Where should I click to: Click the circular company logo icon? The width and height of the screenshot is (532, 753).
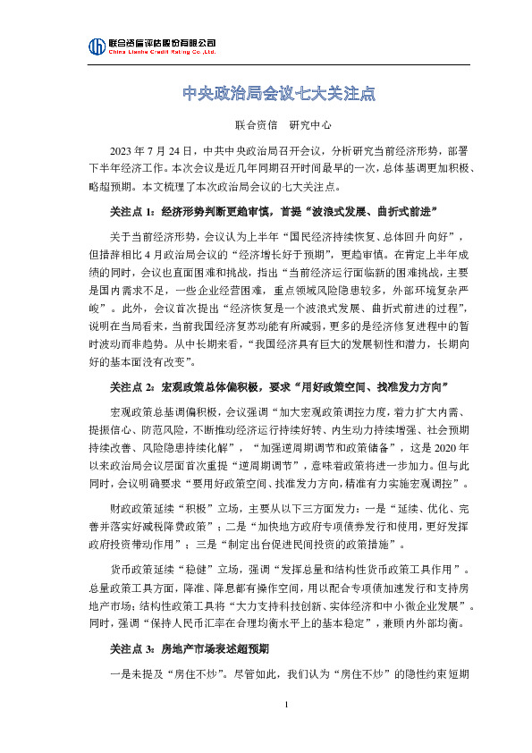[x=96, y=47]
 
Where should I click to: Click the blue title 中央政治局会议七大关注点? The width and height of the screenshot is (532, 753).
[x=266, y=92]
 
